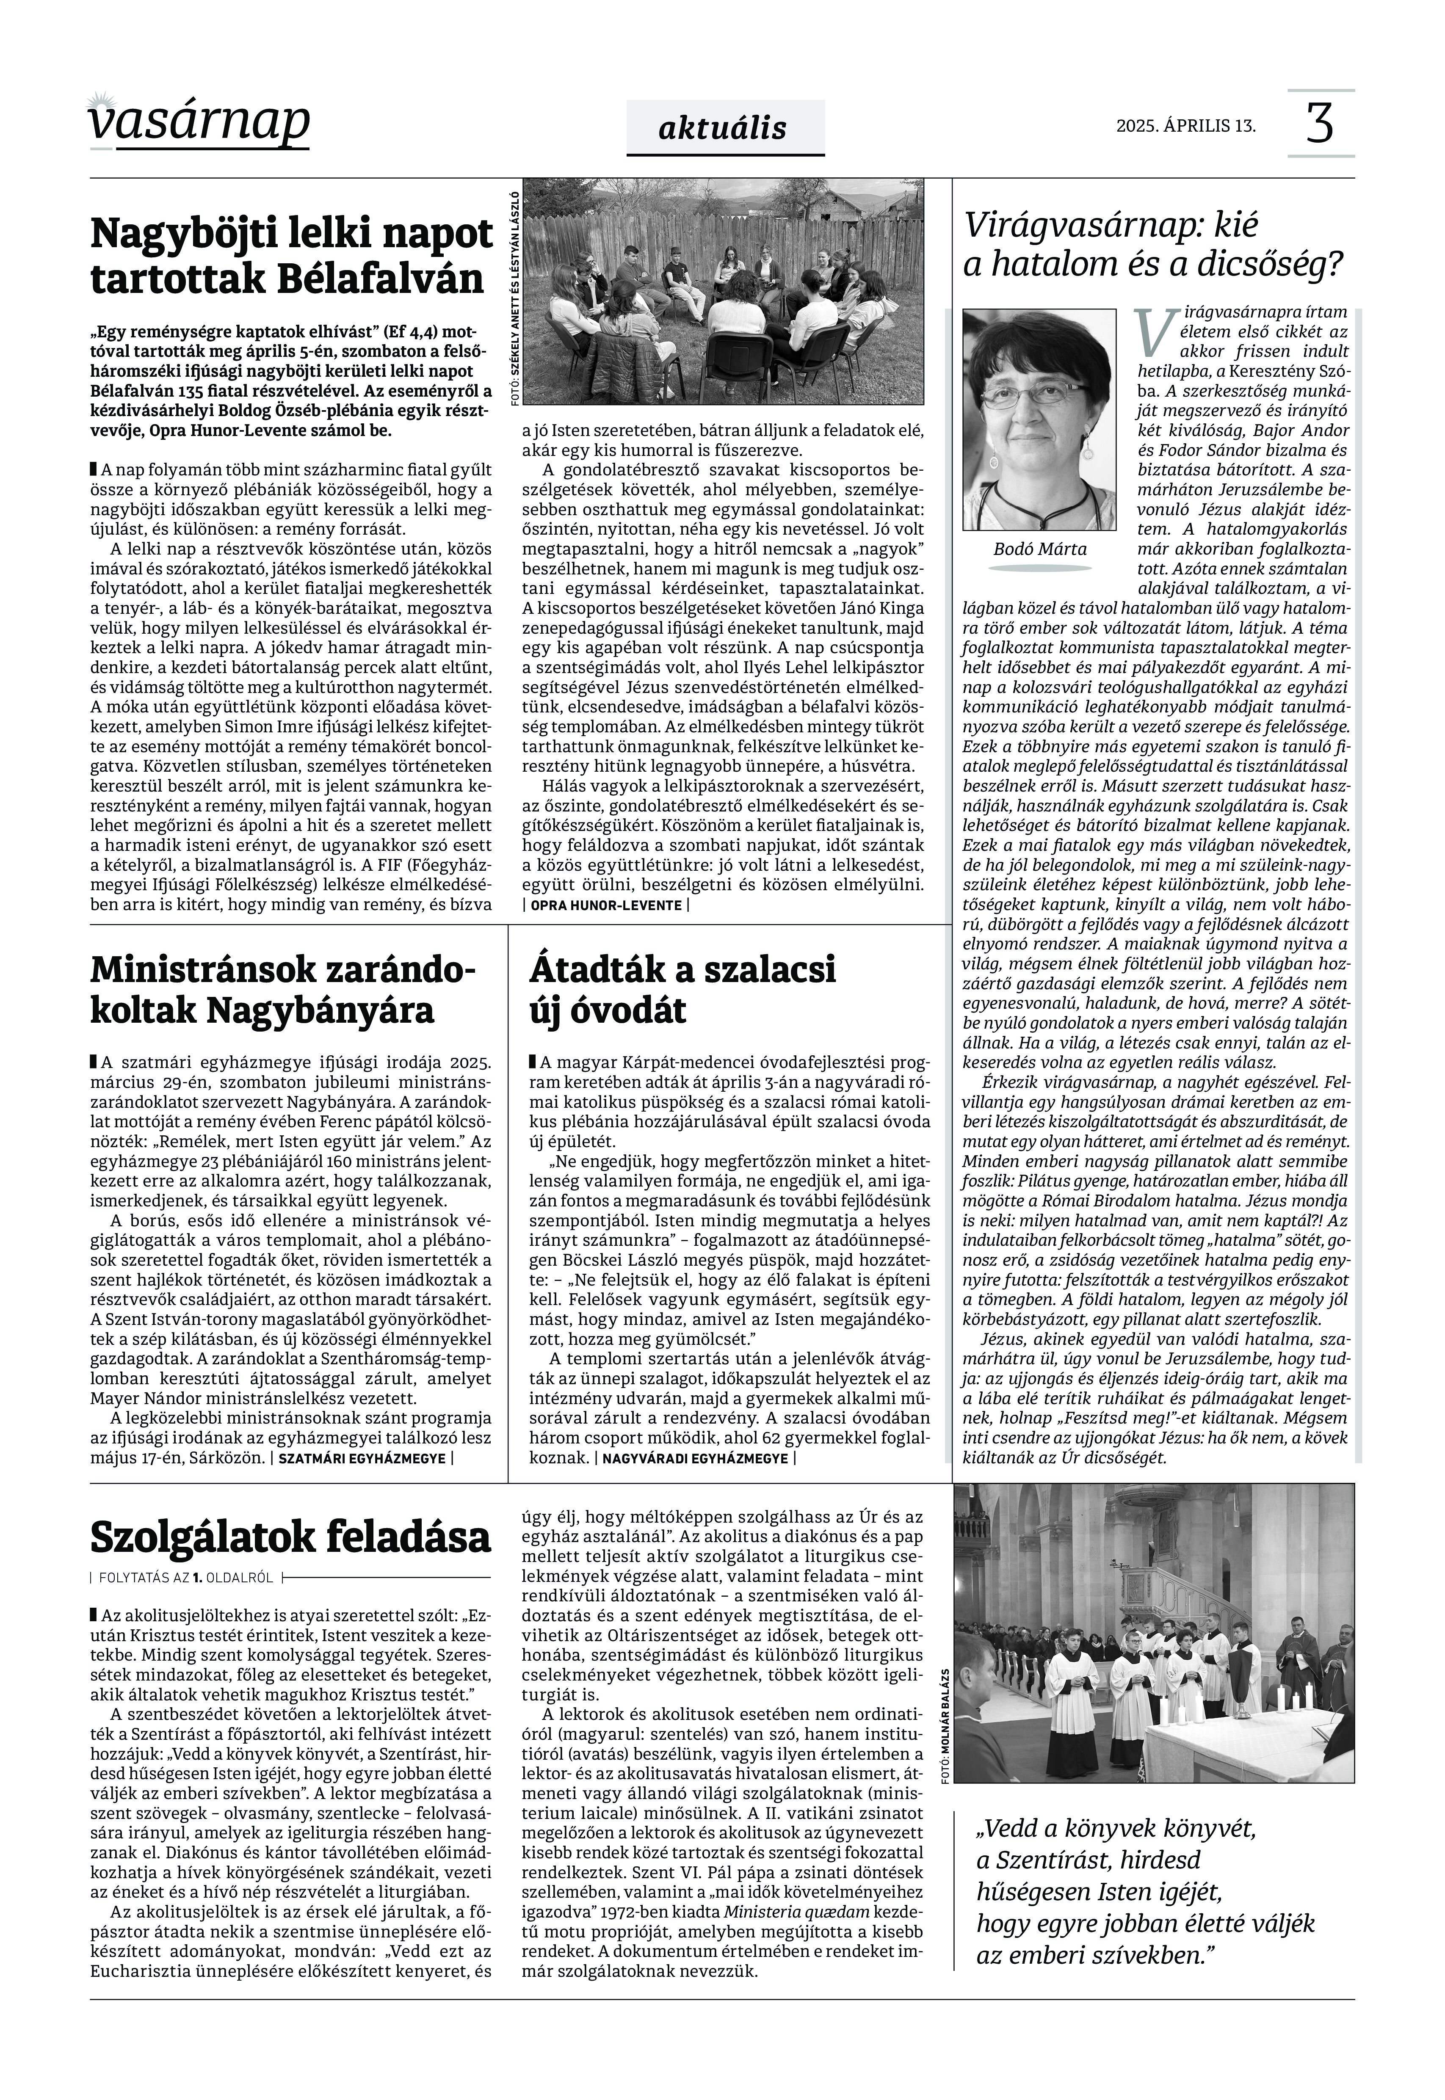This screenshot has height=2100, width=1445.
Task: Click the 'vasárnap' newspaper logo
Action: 199,120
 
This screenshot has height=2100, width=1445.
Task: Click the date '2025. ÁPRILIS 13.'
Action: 1186,126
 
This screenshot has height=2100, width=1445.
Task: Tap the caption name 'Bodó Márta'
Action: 1039,549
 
